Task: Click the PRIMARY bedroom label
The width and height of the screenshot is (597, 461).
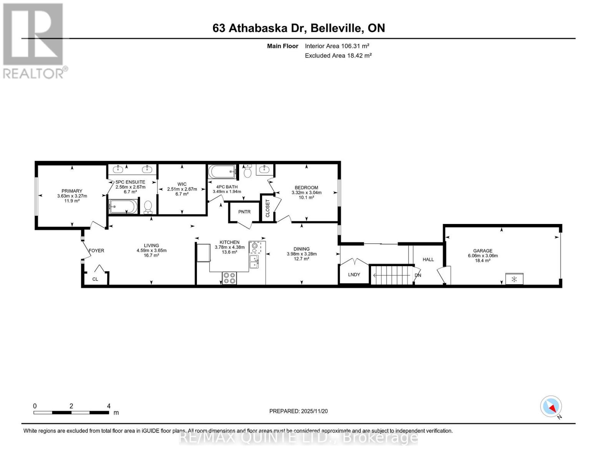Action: point(72,191)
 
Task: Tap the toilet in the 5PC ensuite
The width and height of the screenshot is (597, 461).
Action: point(148,207)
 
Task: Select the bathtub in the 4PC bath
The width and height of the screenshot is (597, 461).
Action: point(222,171)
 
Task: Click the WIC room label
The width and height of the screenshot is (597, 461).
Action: point(182,184)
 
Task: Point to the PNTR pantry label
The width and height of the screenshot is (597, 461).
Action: point(244,212)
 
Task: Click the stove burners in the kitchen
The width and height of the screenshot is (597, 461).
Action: point(229,278)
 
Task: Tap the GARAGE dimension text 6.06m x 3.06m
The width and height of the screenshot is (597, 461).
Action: point(482,256)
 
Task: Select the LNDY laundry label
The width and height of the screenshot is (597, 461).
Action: point(354,274)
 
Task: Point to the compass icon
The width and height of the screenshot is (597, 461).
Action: point(551,406)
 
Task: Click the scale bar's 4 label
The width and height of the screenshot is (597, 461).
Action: point(109,406)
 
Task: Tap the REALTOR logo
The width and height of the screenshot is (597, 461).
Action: point(33,40)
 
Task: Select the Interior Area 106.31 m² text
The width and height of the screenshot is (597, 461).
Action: point(337,46)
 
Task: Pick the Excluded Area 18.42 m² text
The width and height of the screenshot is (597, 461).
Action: point(338,55)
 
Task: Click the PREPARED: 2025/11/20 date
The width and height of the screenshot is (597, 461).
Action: point(298,411)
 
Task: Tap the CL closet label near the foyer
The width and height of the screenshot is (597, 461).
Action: point(95,279)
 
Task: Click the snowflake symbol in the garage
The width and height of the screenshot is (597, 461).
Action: point(514,279)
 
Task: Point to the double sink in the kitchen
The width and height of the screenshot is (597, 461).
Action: point(254,261)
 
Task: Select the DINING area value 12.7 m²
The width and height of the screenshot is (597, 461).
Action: point(301,259)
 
